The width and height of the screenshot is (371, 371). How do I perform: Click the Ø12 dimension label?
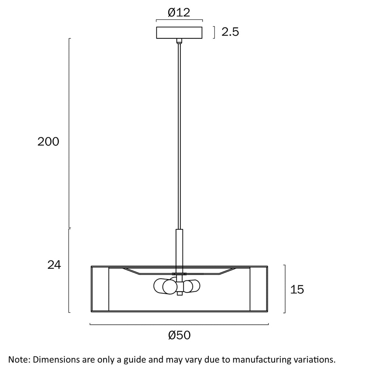pos(179,12)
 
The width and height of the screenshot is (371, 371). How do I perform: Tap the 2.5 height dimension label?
pos(230,32)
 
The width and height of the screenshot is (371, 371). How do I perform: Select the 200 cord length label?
pos(48,142)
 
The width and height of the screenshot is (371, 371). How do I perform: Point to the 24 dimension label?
pos(54,265)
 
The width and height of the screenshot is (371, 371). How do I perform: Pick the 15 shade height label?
pos(297,289)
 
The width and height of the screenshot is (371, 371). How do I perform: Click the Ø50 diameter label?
pos(179,335)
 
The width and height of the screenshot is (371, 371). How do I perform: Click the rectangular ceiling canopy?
pos(179,33)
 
